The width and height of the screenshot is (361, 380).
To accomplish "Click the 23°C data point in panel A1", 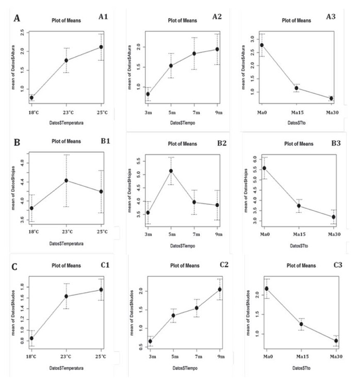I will [x=66, y=60].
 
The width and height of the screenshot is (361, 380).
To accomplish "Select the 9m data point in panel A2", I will [x=217, y=49].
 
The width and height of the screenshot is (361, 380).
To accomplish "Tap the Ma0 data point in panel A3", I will [x=262, y=45].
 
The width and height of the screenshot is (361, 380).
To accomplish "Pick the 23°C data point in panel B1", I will [x=66, y=180].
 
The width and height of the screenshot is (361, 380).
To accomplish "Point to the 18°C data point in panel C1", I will [x=31, y=339].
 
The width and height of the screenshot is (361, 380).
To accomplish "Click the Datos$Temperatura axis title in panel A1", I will [x=67, y=123].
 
